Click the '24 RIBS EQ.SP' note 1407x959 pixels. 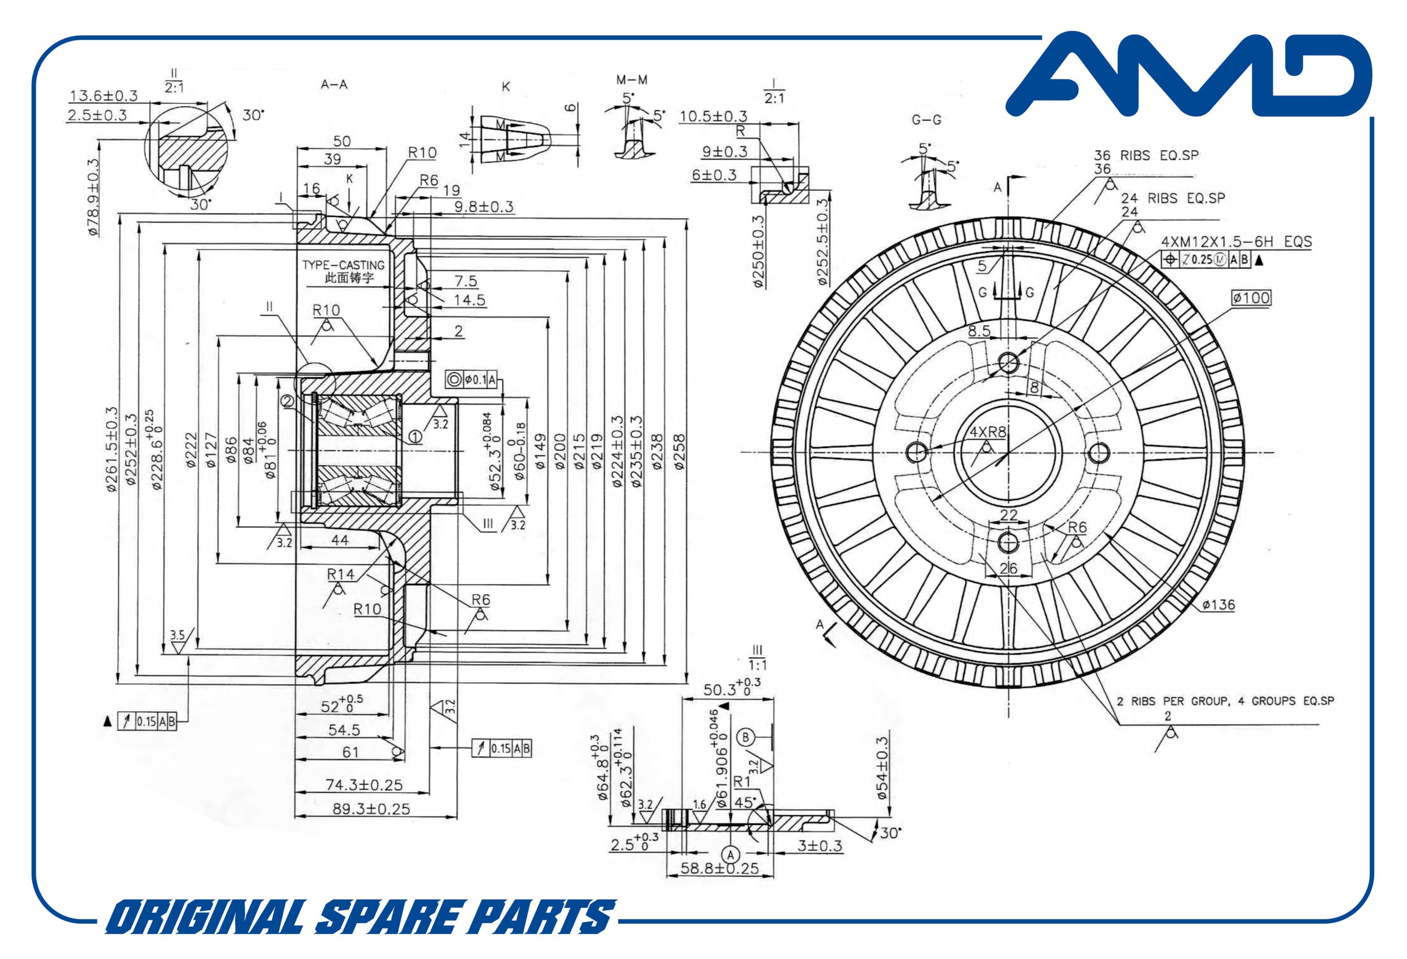[1172, 198]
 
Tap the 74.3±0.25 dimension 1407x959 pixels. [364, 784]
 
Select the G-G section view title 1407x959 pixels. [926, 120]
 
